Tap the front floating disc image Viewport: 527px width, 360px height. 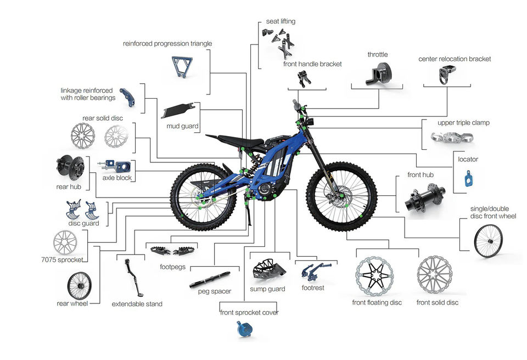375,276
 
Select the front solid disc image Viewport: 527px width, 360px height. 435,276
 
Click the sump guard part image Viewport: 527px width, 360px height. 267,269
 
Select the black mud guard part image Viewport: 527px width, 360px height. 176,110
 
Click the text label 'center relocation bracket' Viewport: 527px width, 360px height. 455,59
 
